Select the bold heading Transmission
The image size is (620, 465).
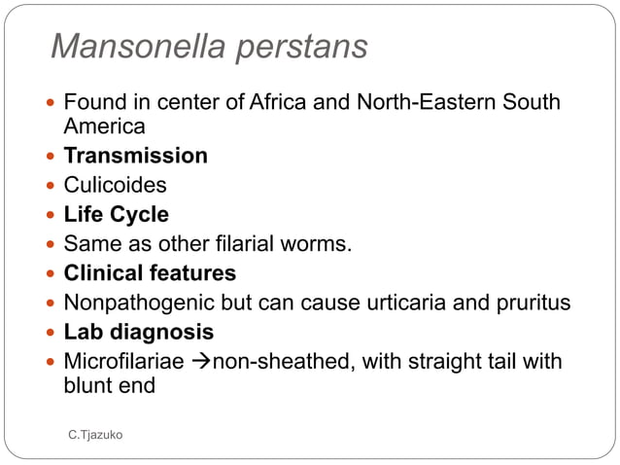[x=135, y=156]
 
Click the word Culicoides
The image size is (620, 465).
[x=115, y=185]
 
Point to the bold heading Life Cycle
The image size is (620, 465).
[x=116, y=214]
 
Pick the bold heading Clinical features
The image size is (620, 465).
[x=150, y=272]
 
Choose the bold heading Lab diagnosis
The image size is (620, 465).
[x=138, y=331]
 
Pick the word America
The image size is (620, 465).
[x=104, y=125]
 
